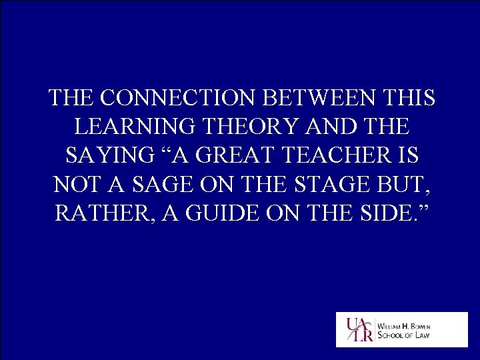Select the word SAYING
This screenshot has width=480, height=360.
click(x=107, y=155)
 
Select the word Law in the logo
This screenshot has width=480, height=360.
click(x=421, y=335)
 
